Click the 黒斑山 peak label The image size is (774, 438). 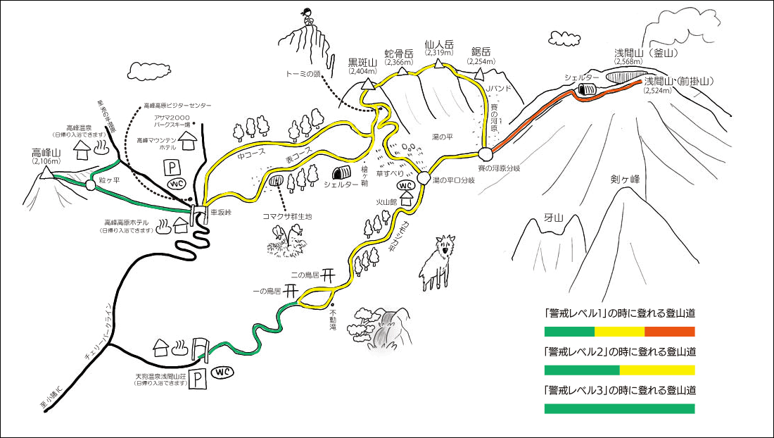click(x=363, y=61)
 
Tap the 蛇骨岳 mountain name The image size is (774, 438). click(x=398, y=54)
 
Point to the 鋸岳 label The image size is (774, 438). click(x=481, y=51)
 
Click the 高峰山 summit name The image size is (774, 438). click(x=47, y=152)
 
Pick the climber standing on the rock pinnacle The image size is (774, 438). click(x=308, y=17)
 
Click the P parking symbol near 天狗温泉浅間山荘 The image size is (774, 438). click(x=200, y=377)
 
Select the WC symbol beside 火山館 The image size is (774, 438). click(x=405, y=185)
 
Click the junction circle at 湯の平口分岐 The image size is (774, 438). click(x=423, y=178)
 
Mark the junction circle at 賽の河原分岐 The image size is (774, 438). click(x=484, y=154)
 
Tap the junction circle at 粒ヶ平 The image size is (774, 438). click(x=90, y=184)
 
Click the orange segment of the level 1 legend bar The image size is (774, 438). click(x=669, y=332)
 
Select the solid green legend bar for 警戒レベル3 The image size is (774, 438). click(x=619, y=408)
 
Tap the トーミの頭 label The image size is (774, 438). click(x=304, y=73)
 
